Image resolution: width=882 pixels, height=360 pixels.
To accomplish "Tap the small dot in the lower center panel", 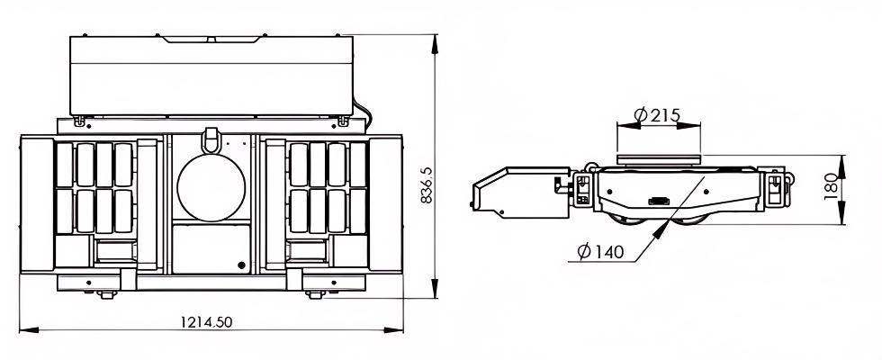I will pos(241,265).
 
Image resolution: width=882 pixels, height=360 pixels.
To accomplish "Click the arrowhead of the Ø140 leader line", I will pos(666,229).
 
